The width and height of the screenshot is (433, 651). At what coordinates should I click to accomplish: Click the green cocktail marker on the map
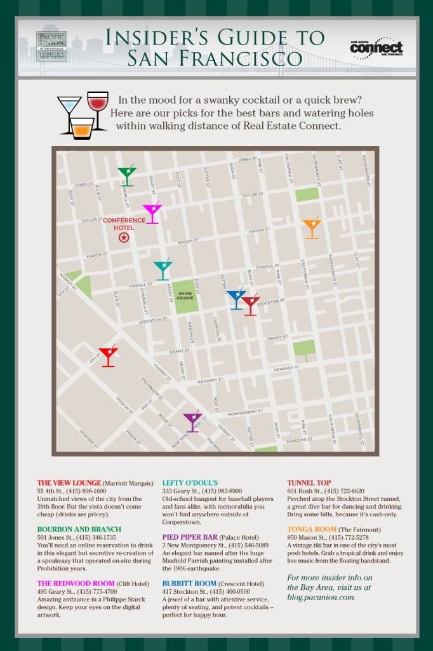(x=127, y=175)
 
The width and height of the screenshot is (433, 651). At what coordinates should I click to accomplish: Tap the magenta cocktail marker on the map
(x=152, y=212)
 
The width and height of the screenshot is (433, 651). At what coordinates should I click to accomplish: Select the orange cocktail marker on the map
(x=312, y=228)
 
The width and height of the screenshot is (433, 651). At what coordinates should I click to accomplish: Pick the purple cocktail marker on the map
(x=192, y=421)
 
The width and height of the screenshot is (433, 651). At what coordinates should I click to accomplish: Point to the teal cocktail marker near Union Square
(x=163, y=270)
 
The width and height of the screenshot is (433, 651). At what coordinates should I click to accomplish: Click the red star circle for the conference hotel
(x=124, y=237)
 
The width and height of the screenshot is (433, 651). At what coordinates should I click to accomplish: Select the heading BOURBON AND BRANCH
(x=79, y=529)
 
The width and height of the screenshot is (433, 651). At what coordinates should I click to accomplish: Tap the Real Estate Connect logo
(x=376, y=47)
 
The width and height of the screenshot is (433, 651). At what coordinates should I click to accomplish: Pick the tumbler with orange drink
(x=82, y=128)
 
